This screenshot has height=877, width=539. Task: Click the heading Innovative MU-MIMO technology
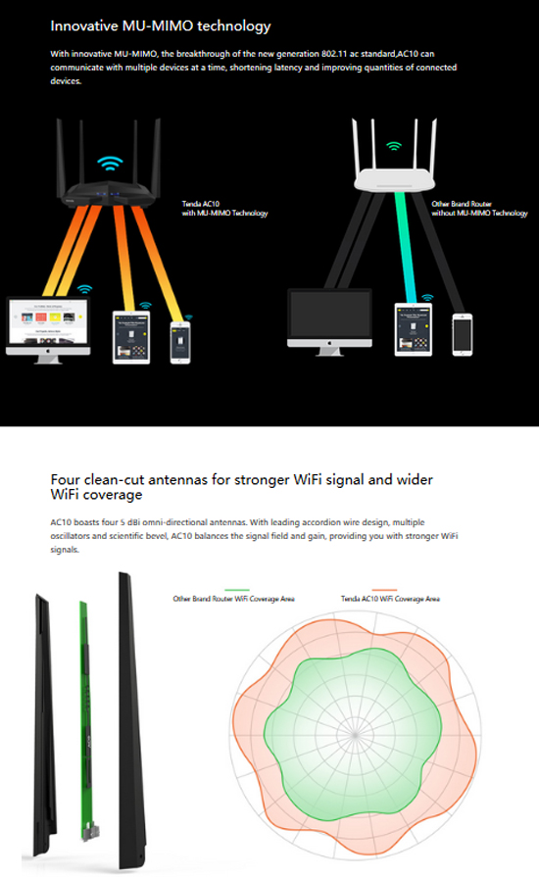[161, 26]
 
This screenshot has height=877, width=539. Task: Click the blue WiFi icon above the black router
[110, 164]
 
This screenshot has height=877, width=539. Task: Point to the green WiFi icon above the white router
[394, 146]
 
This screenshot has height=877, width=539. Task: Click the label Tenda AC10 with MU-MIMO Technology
[224, 209]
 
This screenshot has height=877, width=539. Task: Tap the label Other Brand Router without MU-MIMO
[479, 209]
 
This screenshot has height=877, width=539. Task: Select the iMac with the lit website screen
[48, 330]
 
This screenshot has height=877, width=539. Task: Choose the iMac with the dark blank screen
[329, 322]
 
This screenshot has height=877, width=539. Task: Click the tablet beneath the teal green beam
[414, 330]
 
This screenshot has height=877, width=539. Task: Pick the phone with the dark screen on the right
[463, 334]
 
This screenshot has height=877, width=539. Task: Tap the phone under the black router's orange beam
[180, 343]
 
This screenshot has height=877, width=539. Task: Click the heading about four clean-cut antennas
[241, 487]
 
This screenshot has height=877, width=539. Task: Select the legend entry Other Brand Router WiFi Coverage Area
[233, 599]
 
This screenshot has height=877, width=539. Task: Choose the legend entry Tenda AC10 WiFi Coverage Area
[390, 599]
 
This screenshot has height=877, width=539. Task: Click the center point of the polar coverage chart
[356, 735]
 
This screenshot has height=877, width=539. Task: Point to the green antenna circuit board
[85, 716]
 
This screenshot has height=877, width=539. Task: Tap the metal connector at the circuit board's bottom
[89, 832]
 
